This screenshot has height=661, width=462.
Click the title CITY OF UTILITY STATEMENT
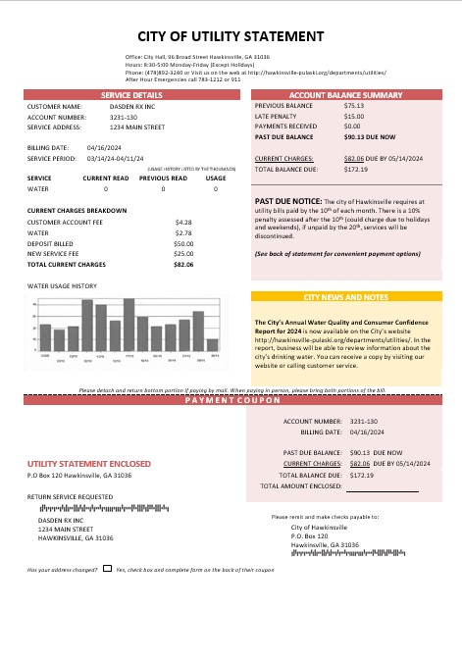[231, 36]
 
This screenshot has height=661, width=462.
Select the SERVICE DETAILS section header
[132, 94]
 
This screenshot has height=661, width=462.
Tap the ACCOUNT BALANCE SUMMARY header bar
[346, 94]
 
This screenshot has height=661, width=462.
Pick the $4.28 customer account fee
[183, 223]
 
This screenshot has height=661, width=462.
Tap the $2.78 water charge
[183, 232]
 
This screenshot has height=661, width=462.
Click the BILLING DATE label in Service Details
[47, 147]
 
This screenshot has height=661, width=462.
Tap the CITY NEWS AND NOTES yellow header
[346, 296]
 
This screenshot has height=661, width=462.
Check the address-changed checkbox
[108, 569]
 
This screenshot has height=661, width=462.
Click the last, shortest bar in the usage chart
[212, 344]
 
